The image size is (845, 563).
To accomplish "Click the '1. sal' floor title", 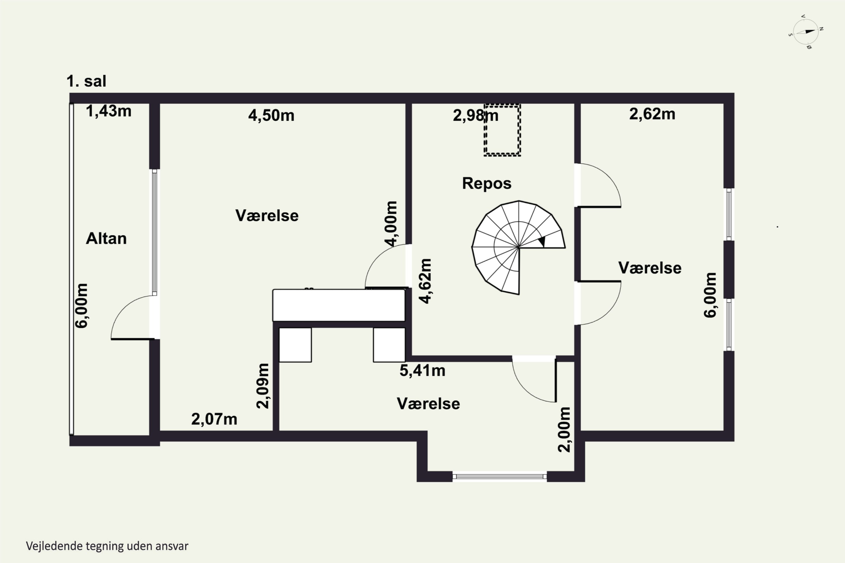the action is tap(86, 81).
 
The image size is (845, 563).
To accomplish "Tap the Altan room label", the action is tap(106, 238).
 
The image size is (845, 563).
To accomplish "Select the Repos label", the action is tap(486, 184).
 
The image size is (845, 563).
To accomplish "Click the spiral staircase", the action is tap(519, 247).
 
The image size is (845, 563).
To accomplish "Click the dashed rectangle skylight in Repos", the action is tap(502, 130).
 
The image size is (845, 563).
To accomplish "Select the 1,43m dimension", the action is tap(108, 111).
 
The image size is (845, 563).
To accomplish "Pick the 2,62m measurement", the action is tap(652, 114).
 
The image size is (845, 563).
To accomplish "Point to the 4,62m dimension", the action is tap(425, 281).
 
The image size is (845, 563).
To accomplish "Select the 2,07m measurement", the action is tap(214, 419).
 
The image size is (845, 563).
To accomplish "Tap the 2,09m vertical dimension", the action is tap(263, 386).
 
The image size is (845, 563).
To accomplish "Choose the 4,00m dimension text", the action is tap(391, 224).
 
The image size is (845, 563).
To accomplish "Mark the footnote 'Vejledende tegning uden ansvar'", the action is tap(107, 546).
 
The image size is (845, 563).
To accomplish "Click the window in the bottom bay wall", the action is tap(499, 477).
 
